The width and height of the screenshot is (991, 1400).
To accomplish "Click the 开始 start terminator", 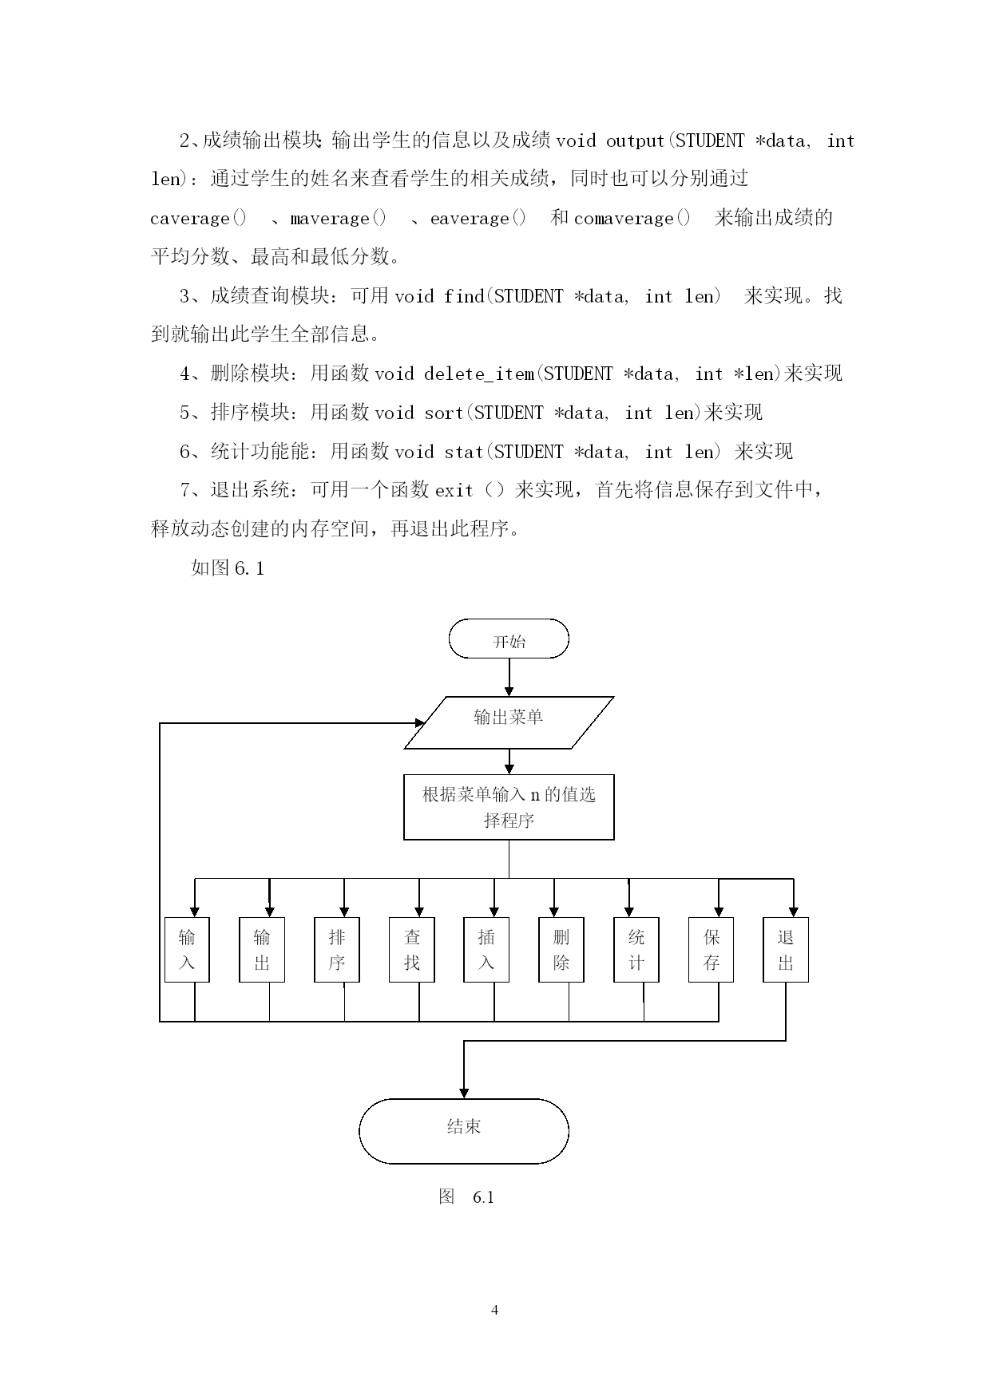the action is click(x=509, y=639).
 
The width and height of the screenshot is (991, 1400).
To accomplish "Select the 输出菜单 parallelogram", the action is click(x=509, y=723).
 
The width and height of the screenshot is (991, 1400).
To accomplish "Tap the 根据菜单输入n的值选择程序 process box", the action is click(x=509, y=807).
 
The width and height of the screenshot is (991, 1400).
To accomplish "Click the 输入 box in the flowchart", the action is click(x=187, y=950).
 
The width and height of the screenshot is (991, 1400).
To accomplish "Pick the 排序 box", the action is click(x=337, y=950).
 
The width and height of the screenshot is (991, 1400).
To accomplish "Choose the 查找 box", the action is click(x=412, y=950).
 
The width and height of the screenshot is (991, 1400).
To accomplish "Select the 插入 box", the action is click(x=486, y=950).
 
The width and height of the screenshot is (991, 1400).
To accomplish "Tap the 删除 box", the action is click(x=561, y=950).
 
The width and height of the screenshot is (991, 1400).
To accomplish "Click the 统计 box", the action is click(x=636, y=950).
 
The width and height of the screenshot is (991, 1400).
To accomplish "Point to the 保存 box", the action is click(x=712, y=950).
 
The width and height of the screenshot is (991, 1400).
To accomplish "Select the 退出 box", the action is click(x=786, y=950).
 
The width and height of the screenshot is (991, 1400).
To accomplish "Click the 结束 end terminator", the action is click(x=464, y=1131).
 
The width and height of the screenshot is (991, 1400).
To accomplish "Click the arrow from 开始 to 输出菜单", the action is click(x=509, y=678).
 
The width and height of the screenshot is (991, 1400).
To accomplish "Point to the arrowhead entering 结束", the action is click(x=464, y=1094).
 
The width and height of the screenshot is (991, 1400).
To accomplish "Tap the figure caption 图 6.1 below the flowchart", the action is click(x=466, y=1196).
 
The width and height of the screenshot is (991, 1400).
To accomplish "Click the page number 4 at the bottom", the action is click(x=495, y=1310).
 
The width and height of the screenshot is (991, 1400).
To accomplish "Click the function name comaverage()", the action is click(x=632, y=218).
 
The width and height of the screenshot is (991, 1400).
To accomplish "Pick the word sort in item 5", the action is click(x=444, y=413).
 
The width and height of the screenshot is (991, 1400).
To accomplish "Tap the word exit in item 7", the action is click(x=454, y=490).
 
